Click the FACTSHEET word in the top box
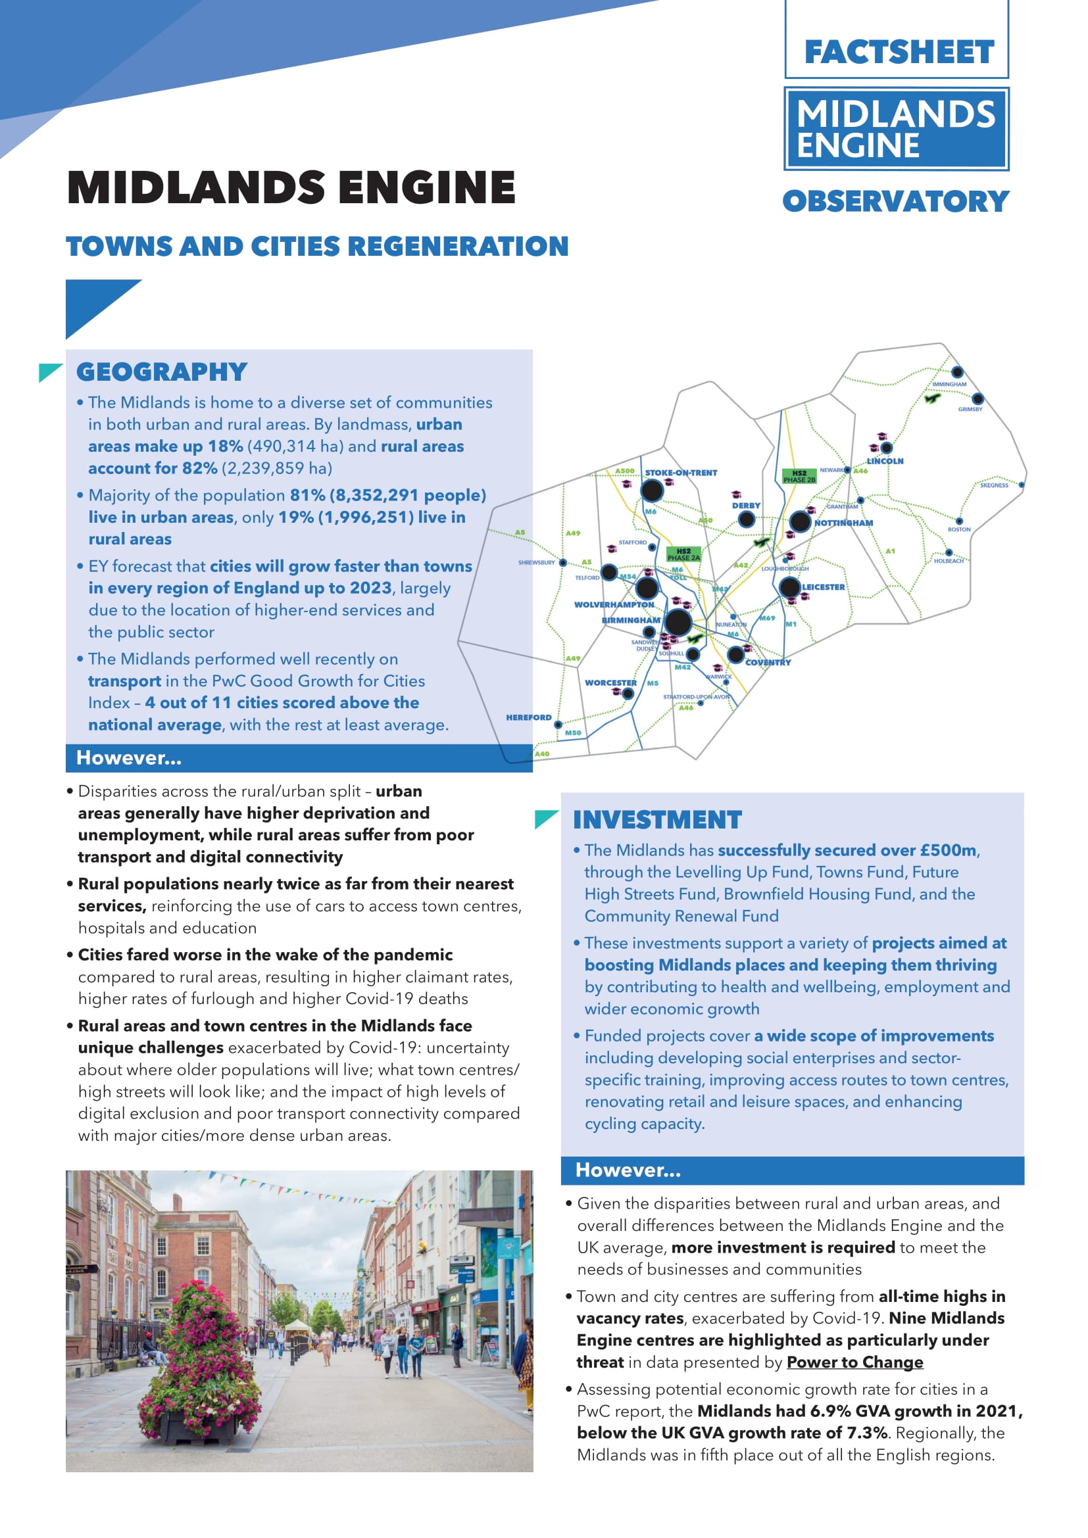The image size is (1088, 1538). point(899,53)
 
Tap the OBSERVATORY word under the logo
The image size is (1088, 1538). point(895,202)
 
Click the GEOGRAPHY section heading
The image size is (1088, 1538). point(161,372)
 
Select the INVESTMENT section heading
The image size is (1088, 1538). point(657,820)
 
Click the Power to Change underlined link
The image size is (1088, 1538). point(854,1362)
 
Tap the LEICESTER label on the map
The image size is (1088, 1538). point(824,587)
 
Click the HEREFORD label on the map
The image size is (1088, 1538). point(529,717)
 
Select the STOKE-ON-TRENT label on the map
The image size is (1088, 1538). point(681,473)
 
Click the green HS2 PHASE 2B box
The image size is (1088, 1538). point(799,476)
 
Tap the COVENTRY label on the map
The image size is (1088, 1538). point(768,663)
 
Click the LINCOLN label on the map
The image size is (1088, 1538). point(885,462)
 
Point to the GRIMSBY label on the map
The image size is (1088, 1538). point(970,409)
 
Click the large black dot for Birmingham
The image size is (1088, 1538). point(678,622)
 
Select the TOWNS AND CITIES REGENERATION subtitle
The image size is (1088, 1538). point(317,247)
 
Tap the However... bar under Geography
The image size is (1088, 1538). point(299,758)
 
